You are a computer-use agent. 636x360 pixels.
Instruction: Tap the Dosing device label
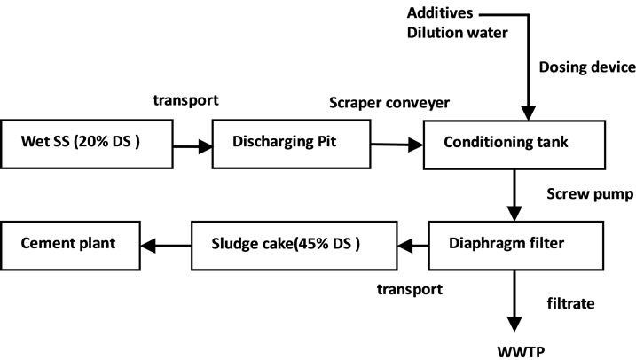[585, 67]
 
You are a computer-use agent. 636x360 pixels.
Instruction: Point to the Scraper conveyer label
[389, 102]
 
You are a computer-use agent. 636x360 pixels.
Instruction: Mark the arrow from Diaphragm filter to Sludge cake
[412, 243]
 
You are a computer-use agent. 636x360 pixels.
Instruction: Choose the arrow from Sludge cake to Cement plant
[169, 243]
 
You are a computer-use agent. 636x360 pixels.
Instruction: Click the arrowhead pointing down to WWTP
[513, 323]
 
